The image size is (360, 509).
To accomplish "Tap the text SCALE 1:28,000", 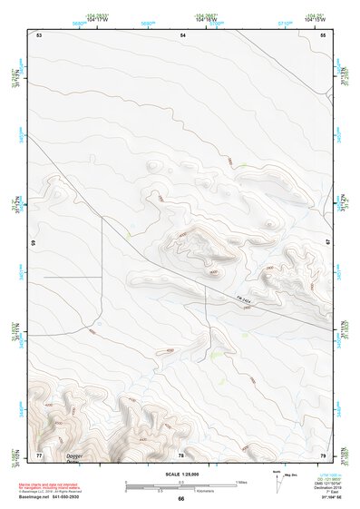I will pyautogui.click(x=180, y=475).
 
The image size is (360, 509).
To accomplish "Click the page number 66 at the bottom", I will pyautogui.click(x=180, y=499).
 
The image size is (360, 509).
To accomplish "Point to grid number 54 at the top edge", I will pyautogui.click(x=183, y=34).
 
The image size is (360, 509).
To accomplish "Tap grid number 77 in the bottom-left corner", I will pyautogui.click(x=39, y=454).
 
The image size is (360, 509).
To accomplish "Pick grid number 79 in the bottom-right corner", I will pyautogui.click(x=324, y=454).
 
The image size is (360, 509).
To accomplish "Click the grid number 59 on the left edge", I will pyautogui.click(x=35, y=244).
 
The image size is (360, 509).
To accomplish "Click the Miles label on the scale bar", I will pyautogui.click(x=242, y=482).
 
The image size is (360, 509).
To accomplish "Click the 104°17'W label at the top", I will pyautogui.click(x=97, y=19).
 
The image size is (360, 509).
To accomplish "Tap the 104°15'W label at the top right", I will pyautogui.click(x=314, y=19).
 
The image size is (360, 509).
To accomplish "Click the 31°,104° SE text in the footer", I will pyautogui.click(x=329, y=497).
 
